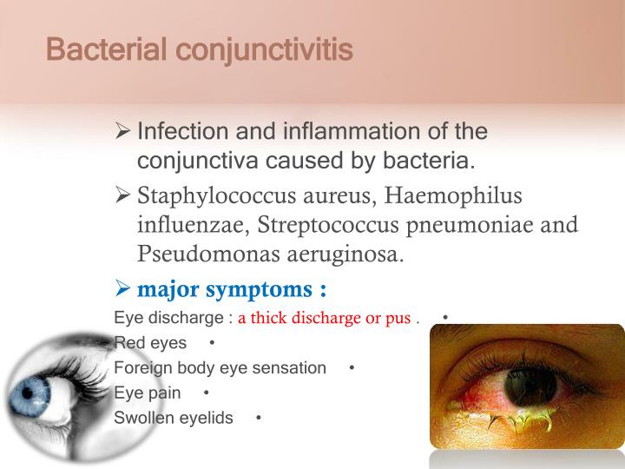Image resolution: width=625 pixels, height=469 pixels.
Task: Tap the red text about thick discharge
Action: click(325, 318)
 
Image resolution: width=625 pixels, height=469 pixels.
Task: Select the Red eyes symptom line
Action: click(150, 342)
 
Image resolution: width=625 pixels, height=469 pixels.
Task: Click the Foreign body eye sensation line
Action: click(220, 367)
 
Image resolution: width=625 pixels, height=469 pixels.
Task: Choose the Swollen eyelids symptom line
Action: click(174, 418)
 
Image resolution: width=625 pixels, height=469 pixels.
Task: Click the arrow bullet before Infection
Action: click(122, 133)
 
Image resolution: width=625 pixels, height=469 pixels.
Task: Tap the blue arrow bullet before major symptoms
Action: click(122, 287)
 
